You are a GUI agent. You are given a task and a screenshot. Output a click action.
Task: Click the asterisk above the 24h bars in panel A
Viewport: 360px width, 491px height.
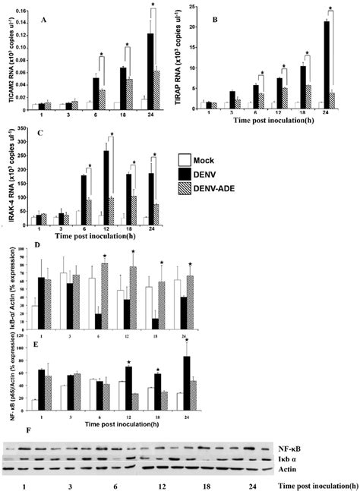coord(153,5)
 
